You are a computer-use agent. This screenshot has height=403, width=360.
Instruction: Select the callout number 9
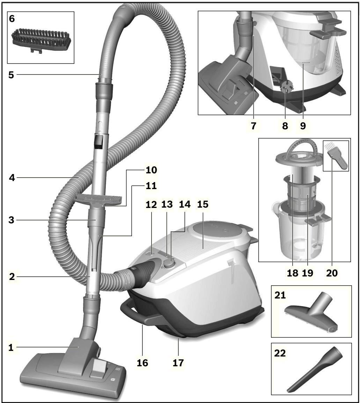coord(302,126)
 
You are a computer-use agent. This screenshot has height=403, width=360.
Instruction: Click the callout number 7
coord(254,126)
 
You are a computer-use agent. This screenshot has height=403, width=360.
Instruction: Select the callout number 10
coord(152,170)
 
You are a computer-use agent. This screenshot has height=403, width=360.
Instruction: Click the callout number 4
coord(11,177)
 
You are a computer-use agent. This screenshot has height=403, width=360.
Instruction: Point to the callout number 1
coord(11,348)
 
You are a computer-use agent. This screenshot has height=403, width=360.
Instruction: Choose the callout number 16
coord(142,363)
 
